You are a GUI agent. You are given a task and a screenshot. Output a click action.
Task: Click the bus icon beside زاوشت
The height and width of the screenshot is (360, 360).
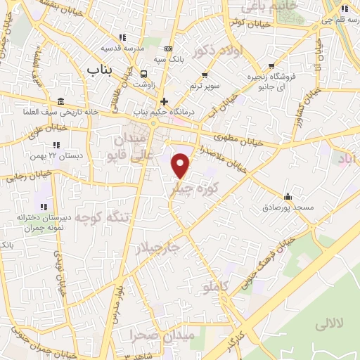144,74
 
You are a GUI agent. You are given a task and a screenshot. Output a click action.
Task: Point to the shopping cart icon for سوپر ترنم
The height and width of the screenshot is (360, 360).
205,75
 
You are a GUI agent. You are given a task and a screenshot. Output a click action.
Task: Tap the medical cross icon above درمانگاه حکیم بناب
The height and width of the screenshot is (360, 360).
164,101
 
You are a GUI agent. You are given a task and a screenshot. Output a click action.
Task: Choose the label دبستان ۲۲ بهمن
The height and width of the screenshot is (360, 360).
56,155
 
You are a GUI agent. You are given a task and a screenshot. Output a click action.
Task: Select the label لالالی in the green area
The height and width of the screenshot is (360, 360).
328,324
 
